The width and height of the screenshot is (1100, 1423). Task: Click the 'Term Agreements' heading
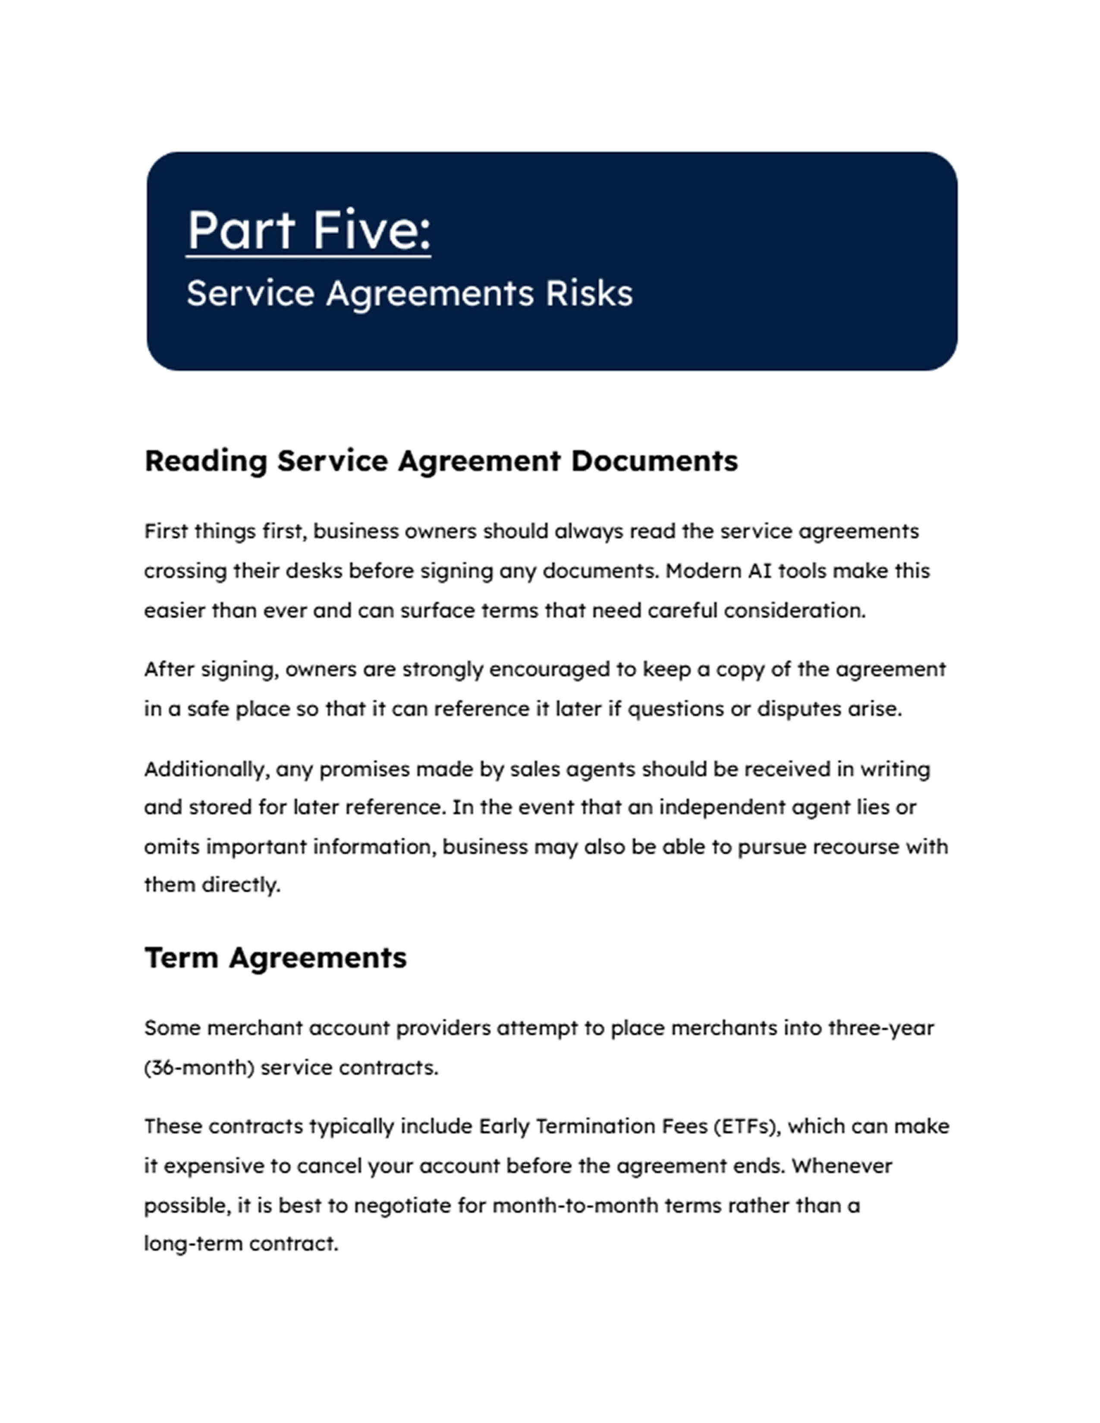pos(275,958)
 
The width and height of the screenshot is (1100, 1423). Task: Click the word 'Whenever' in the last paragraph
pos(841,1166)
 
